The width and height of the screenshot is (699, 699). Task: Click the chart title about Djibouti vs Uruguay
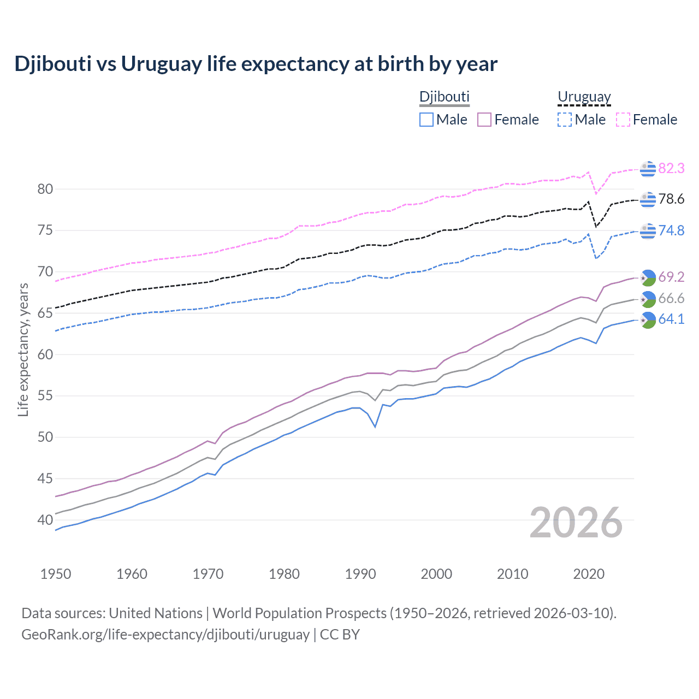(x=256, y=64)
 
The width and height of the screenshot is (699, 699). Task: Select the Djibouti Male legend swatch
(x=426, y=120)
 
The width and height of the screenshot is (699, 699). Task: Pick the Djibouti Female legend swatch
(x=484, y=120)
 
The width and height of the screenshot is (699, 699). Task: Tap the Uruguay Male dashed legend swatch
(x=565, y=120)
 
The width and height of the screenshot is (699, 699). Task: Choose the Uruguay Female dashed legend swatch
(x=623, y=120)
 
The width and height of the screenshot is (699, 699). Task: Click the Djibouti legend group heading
(x=444, y=97)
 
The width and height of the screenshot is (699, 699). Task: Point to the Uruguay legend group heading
(x=584, y=97)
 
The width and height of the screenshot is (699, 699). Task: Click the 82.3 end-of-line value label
(x=671, y=168)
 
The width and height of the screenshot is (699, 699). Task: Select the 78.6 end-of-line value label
(x=671, y=199)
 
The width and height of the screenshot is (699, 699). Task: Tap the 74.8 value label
(x=671, y=230)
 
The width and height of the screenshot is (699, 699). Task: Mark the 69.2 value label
(x=671, y=277)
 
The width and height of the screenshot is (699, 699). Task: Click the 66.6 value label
(x=671, y=298)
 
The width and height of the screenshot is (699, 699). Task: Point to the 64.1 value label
(x=671, y=319)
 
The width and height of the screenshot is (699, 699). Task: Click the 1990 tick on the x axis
(x=360, y=574)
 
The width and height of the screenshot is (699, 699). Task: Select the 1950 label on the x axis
(x=56, y=574)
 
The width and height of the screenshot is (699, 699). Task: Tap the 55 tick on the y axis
(x=45, y=395)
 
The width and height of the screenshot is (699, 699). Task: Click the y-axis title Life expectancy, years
(x=23, y=349)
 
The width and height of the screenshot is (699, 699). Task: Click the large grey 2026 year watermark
(x=576, y=523)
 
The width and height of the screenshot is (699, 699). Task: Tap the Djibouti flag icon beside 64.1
(x=648, y=321)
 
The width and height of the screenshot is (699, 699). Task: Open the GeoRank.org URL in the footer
(x=165, y=635)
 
